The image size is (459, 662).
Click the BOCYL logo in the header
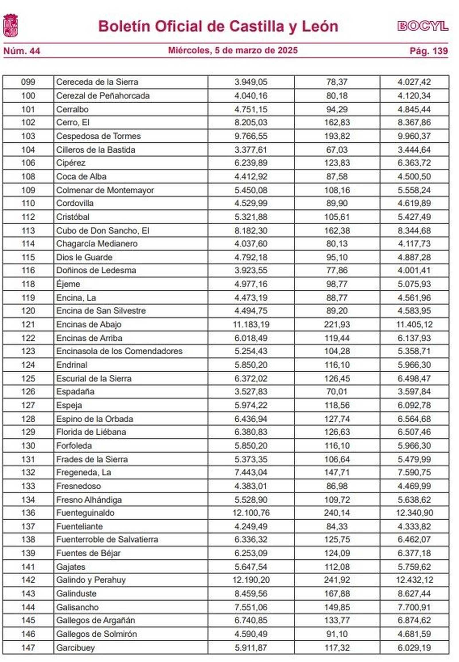pyautogui.click(x=423, y=26)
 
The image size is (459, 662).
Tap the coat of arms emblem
pyautogui.click(x=11, y=26)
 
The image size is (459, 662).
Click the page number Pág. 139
pyautogui.click(x=429, y=51)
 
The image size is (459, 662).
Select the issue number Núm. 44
pyautogui.click(x=22, y=51)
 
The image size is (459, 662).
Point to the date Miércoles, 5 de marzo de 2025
pyautogui.click(x=233, y=50)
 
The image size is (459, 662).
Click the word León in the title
pyautogui.click(x=320, y=26)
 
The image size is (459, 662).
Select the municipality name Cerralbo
pyautogui.click(x=72, y=109)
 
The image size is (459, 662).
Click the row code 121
pyautogui.click(x=28, y=324)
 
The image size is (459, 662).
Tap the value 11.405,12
pyautogui.click(x=414, y=324)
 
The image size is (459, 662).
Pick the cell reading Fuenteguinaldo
pyautogui.click(x=85, y=513)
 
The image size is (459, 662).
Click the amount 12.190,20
pyautogui.click(x=251, y=580)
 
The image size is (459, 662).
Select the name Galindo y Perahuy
pyautogui.click(x=91, y=580)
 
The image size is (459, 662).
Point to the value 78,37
pyautogui.click(x=337, y=82)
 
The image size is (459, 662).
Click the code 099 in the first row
pyautogui.click(x=28, y=82)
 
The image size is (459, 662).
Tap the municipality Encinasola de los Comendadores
pyautogui.click(x=119, y=351)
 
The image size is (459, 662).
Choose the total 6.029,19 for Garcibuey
pyautogui.click(x=414, y=648)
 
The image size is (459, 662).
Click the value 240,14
pyautogui.click(x=337, y=513)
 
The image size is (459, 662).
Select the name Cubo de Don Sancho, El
pyautogui.click(x=103, y=230)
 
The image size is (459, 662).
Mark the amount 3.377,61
pyautogui.click(x=251, y=150)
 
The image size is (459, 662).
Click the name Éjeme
pyautogui.click(x=68, y=284)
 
